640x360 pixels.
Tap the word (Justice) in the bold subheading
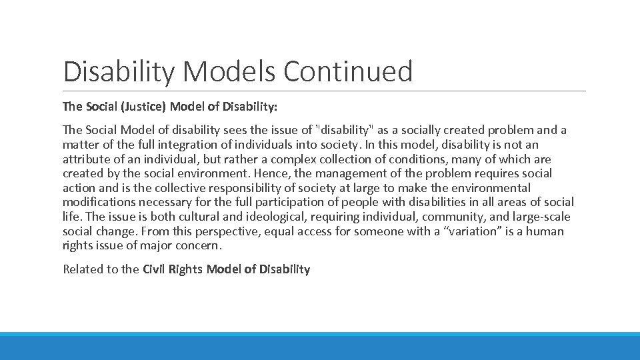point(143,106)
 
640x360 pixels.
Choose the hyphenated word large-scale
point(541,217)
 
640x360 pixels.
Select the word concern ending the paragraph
point(198,246)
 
